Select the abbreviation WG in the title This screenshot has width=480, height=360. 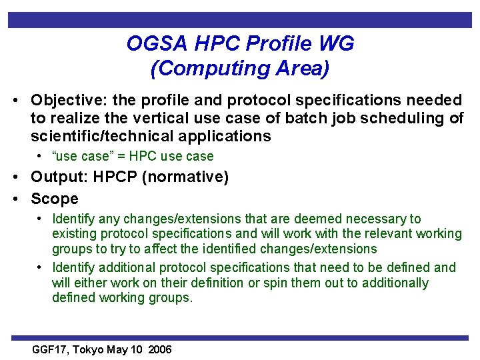click(x=337, y=44)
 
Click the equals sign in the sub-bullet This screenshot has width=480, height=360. click(x=125, y=157)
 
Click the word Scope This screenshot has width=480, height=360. click(x=55, y=199)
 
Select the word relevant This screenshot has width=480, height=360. click(x=373, y=234)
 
